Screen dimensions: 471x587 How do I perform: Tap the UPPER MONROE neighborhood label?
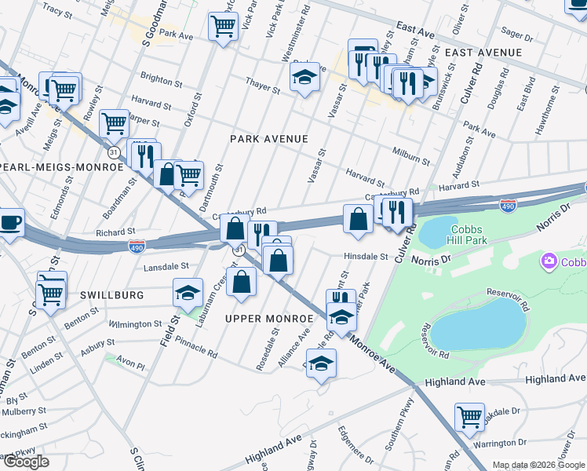click(x=269, y=319)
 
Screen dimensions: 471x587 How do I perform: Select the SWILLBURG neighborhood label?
click(x=111, y=295)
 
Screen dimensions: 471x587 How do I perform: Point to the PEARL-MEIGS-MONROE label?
click(x=63, y=167)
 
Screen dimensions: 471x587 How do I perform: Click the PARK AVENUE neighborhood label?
click(x=268, y=139)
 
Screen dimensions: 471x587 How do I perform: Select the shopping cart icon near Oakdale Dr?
click(x=469, y=416)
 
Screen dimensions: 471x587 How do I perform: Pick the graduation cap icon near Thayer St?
click(x=304, y=77)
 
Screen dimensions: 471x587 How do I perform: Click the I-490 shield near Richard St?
click(x=137, y=246)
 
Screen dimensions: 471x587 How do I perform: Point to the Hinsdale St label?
click(x=366, y=257)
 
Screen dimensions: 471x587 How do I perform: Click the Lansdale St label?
click(x=166, y=267)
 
